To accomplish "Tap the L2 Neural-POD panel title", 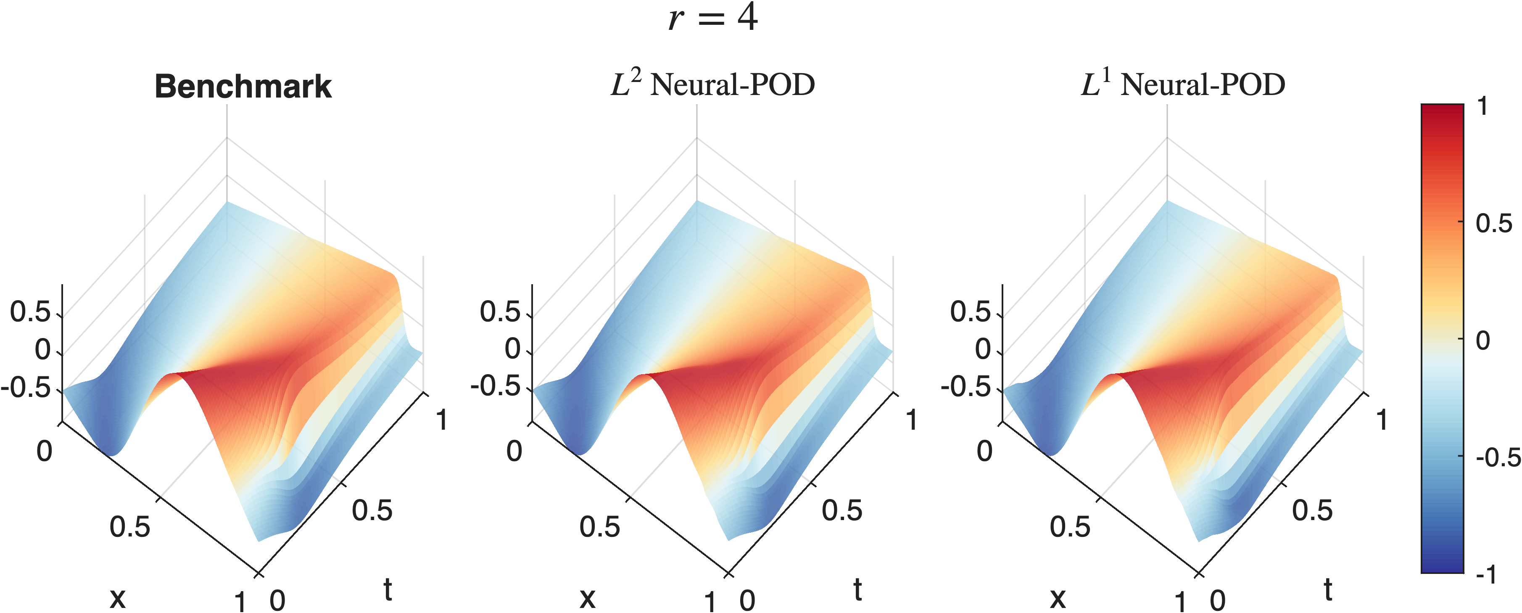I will (x=712, y=85).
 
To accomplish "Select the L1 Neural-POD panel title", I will (x=1183, y=85).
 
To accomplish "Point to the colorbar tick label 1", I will (x=1482, y=107).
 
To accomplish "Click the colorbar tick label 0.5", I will (x=1494, y=223).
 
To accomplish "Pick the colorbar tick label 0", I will (x=1483, y=341).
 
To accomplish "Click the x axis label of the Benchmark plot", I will (x=118, y=598).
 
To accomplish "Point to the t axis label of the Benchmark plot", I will (x=388, y=589).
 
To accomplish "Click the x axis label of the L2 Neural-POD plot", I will (x=587, y=598).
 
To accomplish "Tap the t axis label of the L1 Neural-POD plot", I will (x=1328, y=589).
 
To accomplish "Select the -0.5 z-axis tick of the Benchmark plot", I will (x=26, y=388).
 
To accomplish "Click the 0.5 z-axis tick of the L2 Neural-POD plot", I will (x=500, y=312).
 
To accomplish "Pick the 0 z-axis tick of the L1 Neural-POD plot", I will (x=983, y=349).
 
